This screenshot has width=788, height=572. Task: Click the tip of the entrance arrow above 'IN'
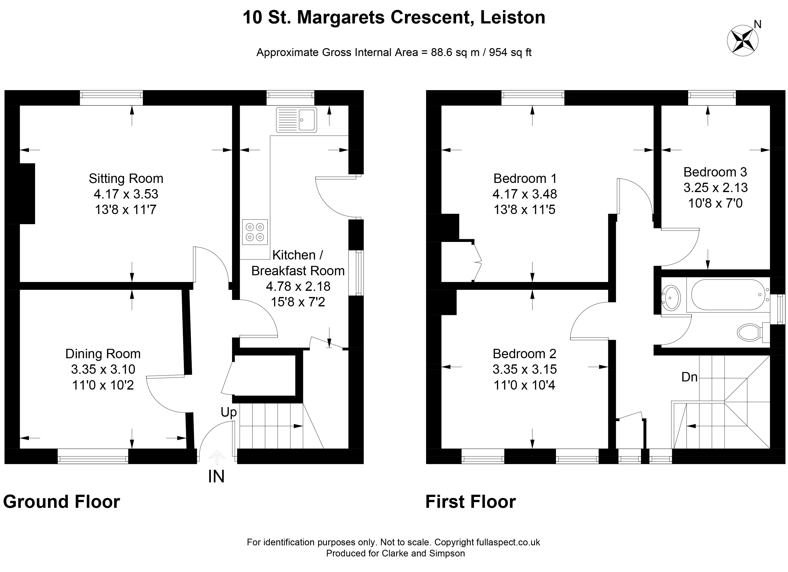coord(217,450)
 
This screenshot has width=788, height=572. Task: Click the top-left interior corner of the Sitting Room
coord(20,105)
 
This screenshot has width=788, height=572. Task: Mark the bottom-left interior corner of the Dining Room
coord(20,448)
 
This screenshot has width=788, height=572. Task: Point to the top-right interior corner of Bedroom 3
coord(770,105)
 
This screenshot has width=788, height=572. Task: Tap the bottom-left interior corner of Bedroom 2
coord(442,448)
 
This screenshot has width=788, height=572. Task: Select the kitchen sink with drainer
coord(296,120)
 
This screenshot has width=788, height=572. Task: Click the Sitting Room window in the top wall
coord(111,98)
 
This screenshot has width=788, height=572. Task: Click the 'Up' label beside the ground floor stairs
coord(229,412)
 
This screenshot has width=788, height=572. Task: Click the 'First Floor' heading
coord(470,502)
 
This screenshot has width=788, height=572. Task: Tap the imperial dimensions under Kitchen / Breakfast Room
coord(298,302)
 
